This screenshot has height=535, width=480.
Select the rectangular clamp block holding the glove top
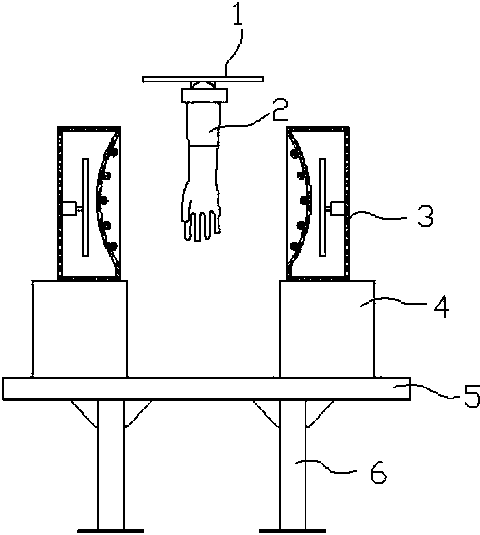205,95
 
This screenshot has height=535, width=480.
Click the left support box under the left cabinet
80,328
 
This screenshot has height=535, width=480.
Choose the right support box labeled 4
327,328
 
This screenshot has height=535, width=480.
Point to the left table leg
111,464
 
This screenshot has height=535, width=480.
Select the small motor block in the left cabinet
70,208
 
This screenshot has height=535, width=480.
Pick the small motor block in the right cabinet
338,208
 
